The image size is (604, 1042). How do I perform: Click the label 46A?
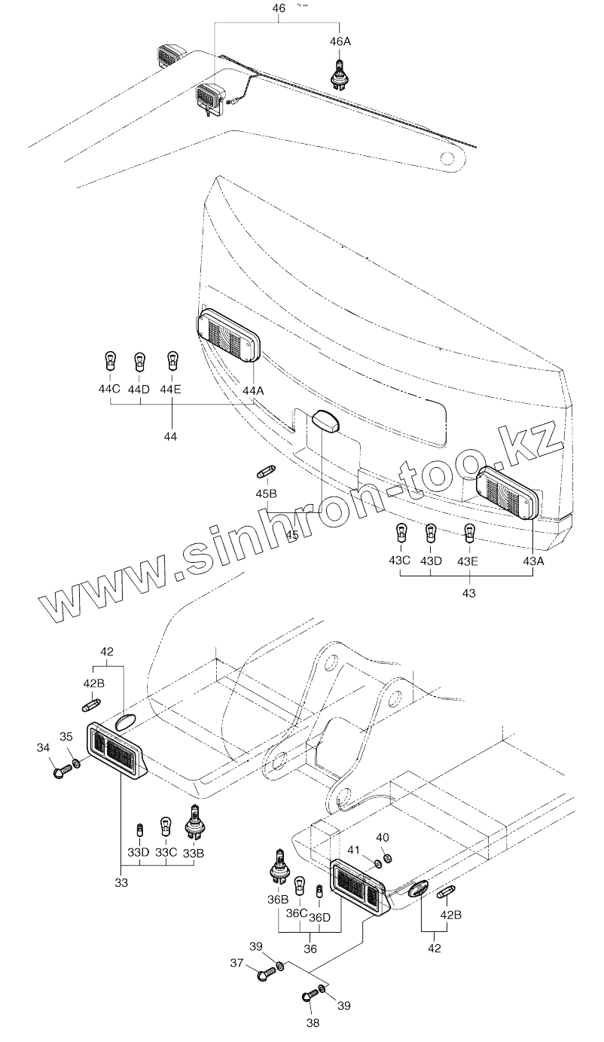(x=341, y=41)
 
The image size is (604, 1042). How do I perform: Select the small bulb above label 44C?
(x=111, y=360)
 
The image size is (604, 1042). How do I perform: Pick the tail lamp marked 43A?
(x=509, y=492)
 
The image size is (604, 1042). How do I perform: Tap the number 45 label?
(x=292, y=535)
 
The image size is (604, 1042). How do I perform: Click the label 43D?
(x=431, y=561)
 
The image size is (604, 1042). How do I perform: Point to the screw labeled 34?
(x=63, y=772)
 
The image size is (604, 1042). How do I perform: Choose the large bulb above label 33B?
(x=194, y=823)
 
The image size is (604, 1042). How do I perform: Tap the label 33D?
(x=138, y=852)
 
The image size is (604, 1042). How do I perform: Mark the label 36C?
(x=297, y=914)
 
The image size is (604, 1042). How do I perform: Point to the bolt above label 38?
(x=310, y=996)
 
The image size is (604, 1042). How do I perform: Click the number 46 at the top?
(x=279, y=9)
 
